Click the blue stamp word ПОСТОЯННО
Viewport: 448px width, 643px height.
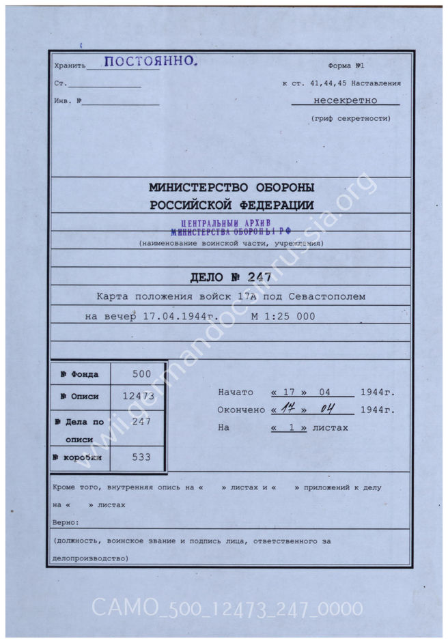[151, 62]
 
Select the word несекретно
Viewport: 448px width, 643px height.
[345, 100]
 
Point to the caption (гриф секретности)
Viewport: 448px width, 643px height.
[351, 118]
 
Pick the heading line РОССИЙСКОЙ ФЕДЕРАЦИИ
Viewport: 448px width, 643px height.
[232, 205]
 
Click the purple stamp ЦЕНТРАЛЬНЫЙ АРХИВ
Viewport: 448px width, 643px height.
[226, 223]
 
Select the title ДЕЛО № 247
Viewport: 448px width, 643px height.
[230, 277]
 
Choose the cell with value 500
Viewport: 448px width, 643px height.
[141, 374]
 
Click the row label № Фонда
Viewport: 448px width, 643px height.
[79, 375]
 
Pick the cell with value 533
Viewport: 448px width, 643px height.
[141, 457]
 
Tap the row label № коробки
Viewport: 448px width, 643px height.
[80, 457]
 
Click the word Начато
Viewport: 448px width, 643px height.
[236, 392]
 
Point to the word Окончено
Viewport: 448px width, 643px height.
[240, 410]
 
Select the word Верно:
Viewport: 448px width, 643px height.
[66, 522]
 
